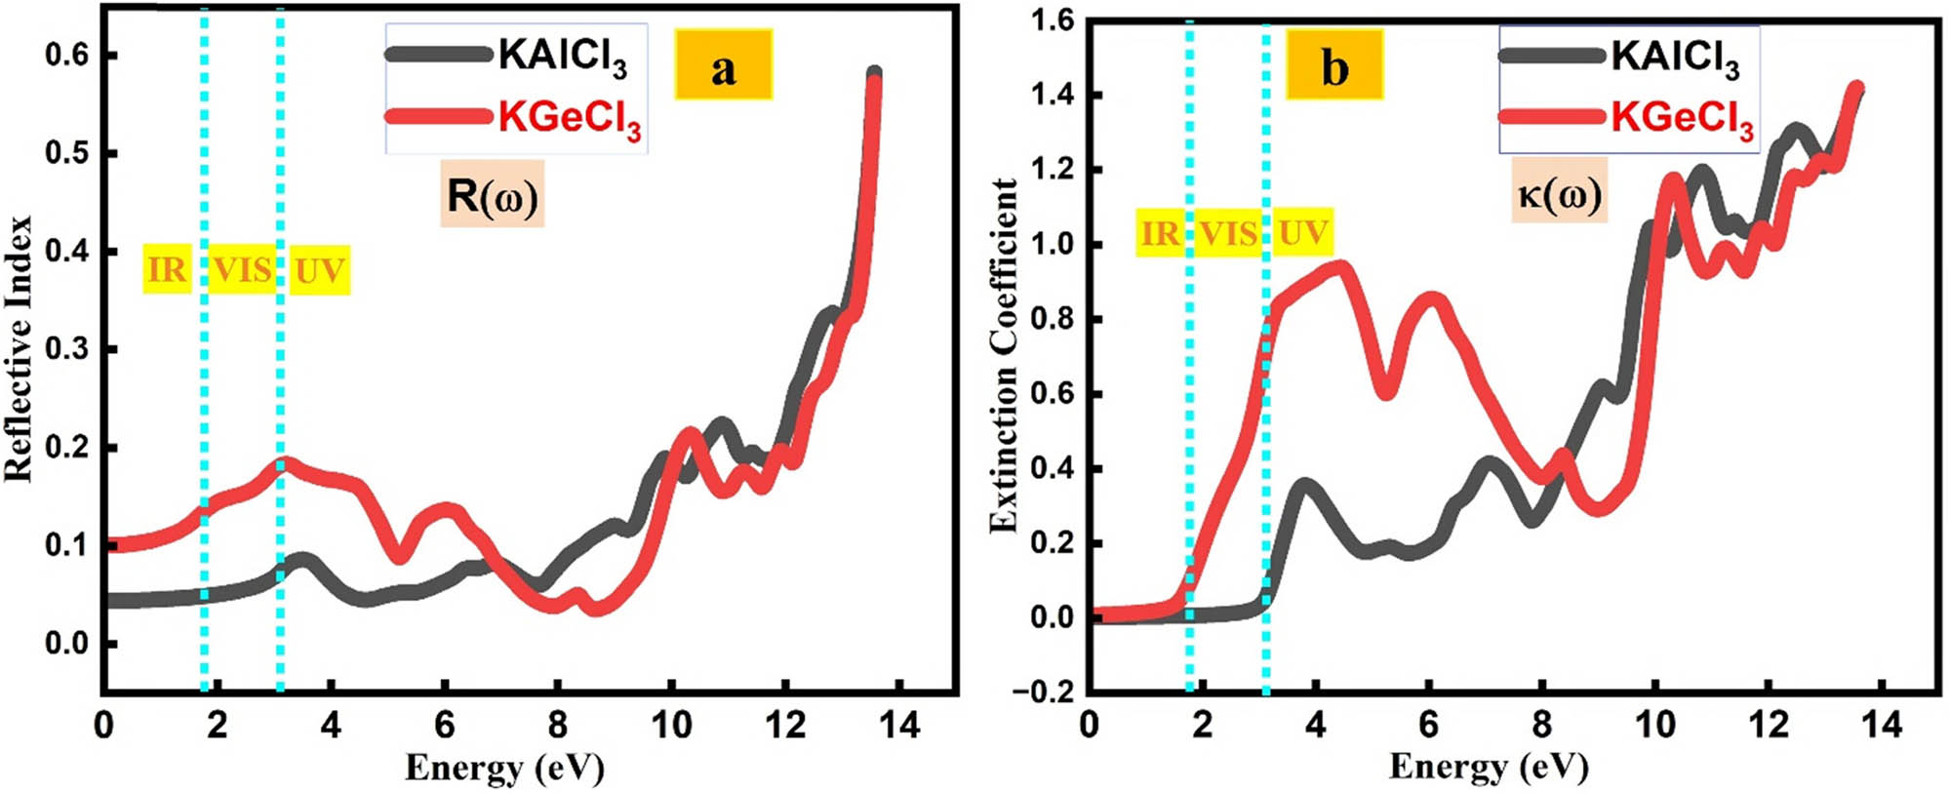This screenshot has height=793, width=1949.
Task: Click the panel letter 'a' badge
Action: click(723, 65)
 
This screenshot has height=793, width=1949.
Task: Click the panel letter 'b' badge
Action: click(1333, 65)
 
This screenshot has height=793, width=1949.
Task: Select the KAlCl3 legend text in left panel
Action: click(562, 56)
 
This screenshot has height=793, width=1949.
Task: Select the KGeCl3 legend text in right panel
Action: click(1682, 119)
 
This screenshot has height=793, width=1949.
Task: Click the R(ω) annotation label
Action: click(492, 196)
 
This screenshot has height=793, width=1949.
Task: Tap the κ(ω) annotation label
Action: click(1559, 193)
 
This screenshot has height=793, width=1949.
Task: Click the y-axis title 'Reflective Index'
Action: click(20, 348)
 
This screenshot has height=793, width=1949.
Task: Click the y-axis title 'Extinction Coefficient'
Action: click(1004, 356)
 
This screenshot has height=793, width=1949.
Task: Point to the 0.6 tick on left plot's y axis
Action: click(66, 56)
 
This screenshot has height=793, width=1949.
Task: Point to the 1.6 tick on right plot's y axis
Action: click(1054, 20)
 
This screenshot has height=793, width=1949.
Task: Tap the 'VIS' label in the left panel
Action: click(242, 269)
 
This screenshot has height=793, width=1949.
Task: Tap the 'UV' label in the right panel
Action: click(1302, 233)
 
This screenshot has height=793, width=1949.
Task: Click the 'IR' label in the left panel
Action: click(167, 269)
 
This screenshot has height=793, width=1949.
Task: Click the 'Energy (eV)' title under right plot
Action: click(1489, 768)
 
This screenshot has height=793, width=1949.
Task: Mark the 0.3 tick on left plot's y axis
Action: click(66, 349)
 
